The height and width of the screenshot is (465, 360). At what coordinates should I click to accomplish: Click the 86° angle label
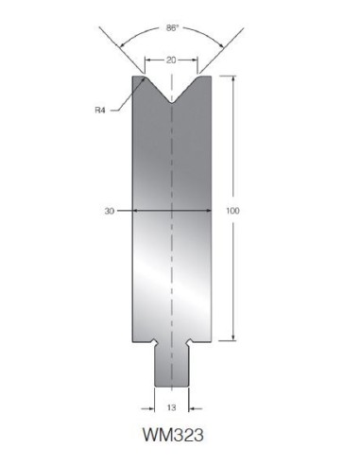[172, 28]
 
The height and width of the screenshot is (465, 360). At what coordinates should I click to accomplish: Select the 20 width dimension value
[171, 60]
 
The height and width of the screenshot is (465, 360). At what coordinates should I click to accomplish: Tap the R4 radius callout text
[100, 111]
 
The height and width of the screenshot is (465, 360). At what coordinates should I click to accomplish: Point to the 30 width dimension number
[110, 211]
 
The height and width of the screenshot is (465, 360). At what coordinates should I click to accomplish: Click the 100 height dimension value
[232, 211]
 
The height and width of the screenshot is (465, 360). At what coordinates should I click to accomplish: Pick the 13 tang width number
[171, 407]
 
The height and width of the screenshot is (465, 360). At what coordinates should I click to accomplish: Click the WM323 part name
[173, 435]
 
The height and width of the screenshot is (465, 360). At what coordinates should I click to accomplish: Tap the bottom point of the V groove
[171, 103]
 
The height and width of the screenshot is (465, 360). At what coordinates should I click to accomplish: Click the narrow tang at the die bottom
[172, 367]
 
